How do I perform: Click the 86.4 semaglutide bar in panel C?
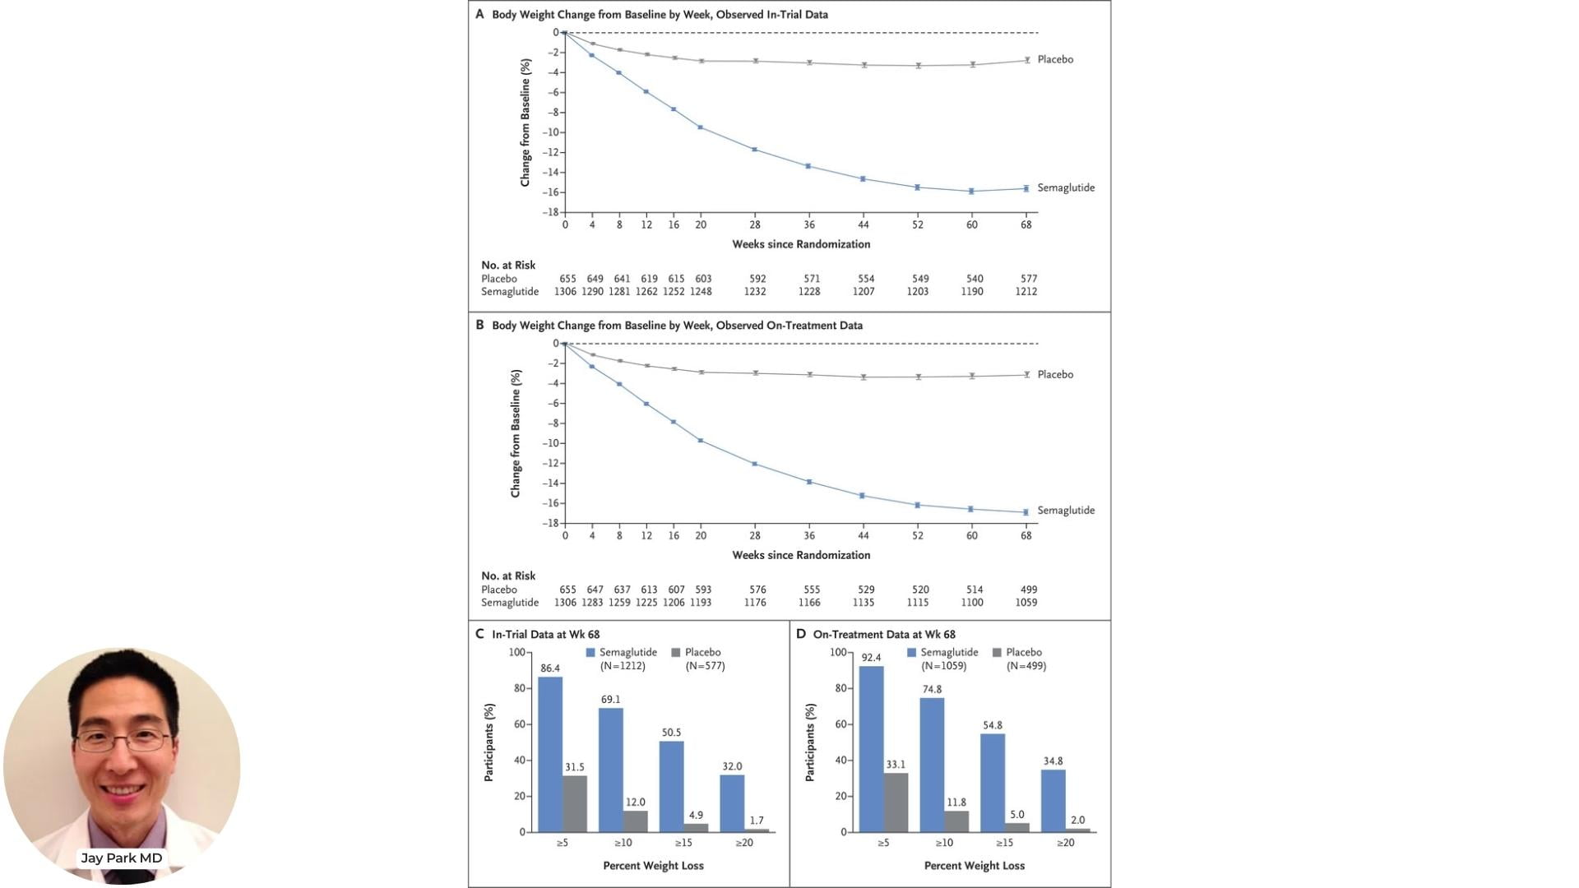click(x=550, y=754)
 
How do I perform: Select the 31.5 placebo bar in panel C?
click(x=575, y=803)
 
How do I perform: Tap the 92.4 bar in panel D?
click(x=871, y=749)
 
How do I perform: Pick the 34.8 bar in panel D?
click(x=1053, y=801)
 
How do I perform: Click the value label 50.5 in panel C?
click(x=671, y=733)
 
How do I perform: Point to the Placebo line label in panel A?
click(x=1055, y=59)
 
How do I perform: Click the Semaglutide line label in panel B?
click(x=1066, y=511)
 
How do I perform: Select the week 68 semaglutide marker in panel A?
click(x=1026, y=188)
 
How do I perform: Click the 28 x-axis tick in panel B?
click(x=755, y=535)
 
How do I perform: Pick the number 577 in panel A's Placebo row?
click(x=1029, y=279)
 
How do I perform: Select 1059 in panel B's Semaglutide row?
click(x=1026, y=603)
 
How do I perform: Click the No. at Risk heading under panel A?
click(x=508, y=265)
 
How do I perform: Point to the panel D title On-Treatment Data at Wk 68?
click(x=884, y=634)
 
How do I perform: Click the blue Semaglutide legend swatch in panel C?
click(x=590, y=652)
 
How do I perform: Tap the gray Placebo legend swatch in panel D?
click(x=997, y=652)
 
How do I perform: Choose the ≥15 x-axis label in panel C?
click(x=683, y=843)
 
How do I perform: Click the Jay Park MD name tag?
click(x=122, y=858)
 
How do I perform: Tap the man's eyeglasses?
click(x=123, y=741)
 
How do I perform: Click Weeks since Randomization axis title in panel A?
click(x=801, y=244)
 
